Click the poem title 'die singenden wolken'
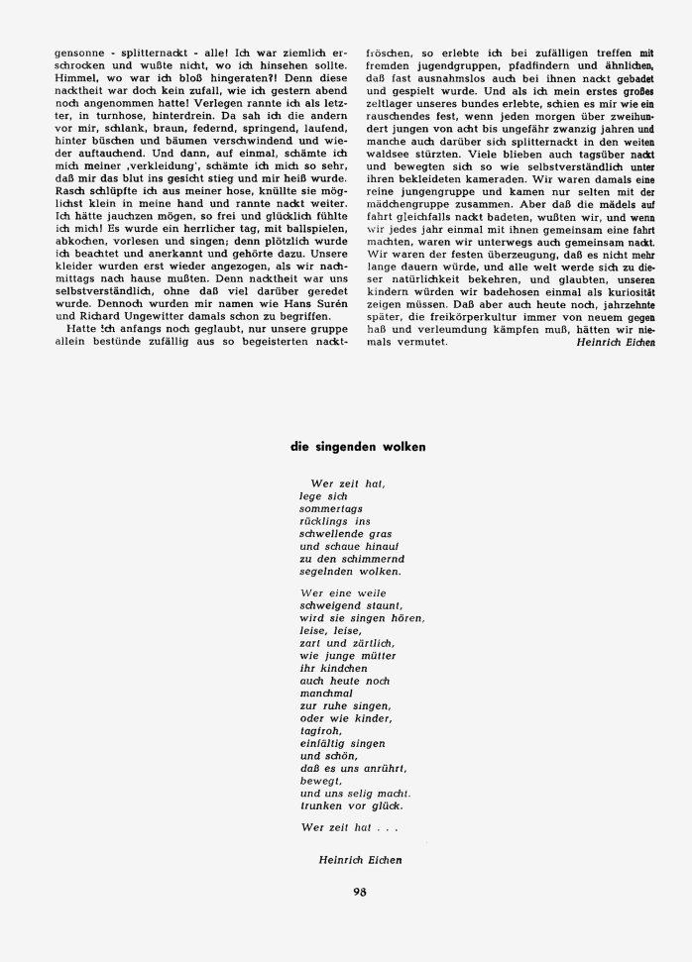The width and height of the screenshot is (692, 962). click(x=357, y=447)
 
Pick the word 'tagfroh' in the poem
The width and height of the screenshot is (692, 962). click(x=317, y=731)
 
